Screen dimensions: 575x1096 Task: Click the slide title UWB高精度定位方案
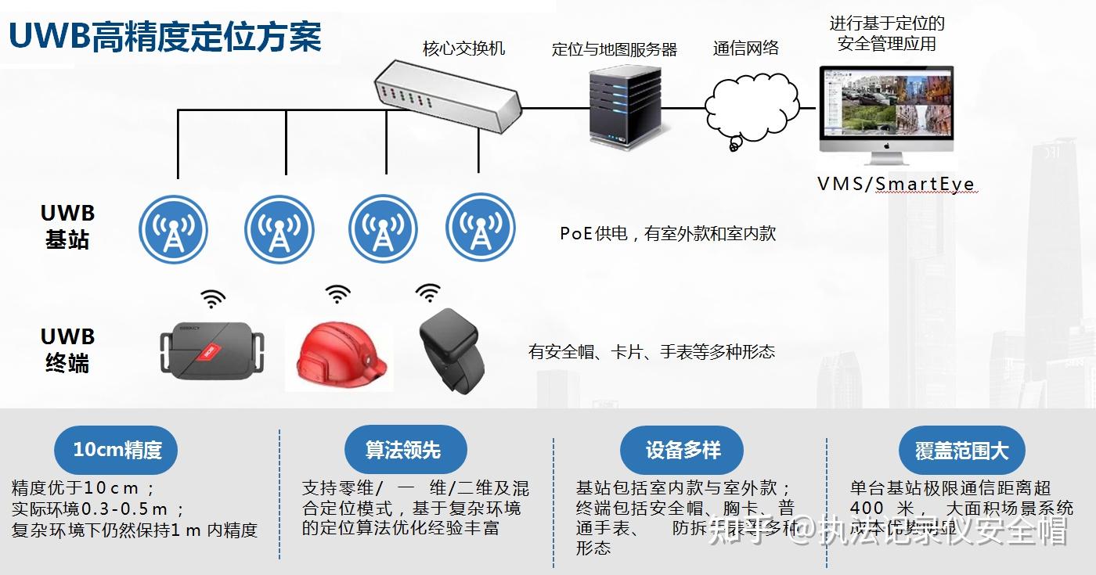(x=165, y=36)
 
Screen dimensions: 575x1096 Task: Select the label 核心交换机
(x=463, y=49)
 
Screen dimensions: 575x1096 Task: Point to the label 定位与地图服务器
(x=614, y=49)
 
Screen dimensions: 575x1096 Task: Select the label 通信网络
(x=745, y=49)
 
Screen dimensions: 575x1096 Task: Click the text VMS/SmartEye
(x=896, y=185)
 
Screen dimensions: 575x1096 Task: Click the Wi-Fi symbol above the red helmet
(x=337, y=294)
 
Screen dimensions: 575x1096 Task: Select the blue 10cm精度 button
(x=116, y=450)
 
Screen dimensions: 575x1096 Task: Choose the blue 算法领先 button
(x=405, y=450)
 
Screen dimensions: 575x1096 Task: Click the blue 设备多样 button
(x=682, y=450)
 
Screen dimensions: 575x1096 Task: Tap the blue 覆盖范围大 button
(x=961, y=451)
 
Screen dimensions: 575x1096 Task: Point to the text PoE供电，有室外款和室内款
(x=667, y=233)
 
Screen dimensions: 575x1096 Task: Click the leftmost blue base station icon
(x=173, y=229)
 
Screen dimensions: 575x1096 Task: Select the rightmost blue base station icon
(x=481, y=228)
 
